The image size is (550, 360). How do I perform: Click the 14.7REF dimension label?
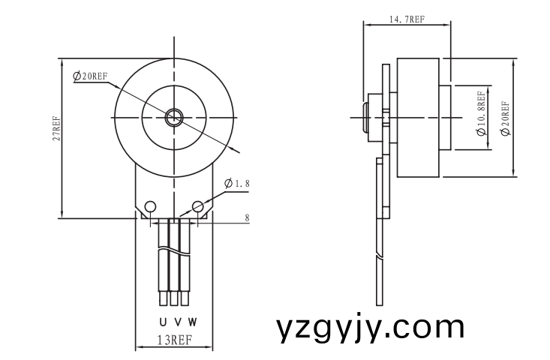407,20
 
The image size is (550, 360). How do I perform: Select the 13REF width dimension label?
174,340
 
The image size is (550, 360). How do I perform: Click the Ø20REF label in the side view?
505,118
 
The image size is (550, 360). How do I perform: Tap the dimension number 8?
247,218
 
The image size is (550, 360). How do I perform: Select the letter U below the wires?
162,322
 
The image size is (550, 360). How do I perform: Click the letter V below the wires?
177,322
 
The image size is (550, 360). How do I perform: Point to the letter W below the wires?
192,322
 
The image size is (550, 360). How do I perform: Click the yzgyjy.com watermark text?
370,328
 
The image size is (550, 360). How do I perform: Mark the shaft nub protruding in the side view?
367,118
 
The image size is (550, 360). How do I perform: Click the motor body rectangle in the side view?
417,117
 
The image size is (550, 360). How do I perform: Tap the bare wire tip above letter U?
163,299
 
